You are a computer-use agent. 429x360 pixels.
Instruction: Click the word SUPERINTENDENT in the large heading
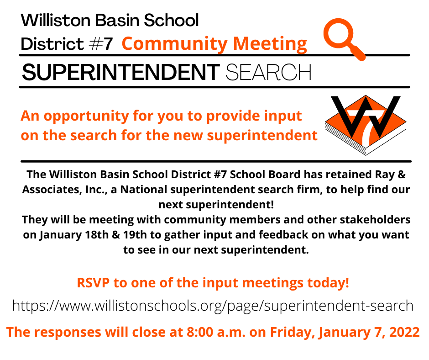coord(120,72)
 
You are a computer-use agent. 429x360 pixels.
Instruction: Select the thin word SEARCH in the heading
coord(268,72)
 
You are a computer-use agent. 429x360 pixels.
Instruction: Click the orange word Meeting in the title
coord(270,44)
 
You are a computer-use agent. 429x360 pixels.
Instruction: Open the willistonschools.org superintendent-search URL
coord(213,306)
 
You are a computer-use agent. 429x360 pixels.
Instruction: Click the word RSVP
coord(93,283)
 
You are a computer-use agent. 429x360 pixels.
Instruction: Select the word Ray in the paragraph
coord(384,175)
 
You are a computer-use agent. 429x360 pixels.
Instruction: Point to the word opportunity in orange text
coord(86,116)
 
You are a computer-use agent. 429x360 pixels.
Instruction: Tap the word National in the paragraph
coord(144,190)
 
